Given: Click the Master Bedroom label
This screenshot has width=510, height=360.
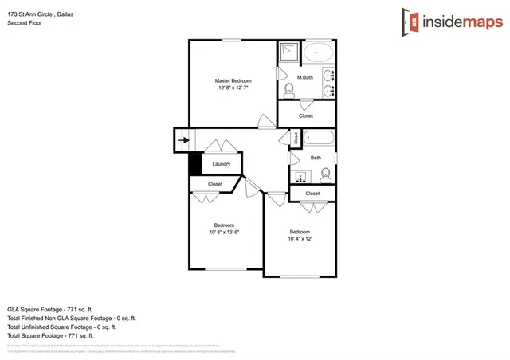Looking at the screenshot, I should tap(233, 81).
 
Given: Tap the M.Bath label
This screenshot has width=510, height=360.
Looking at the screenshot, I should tap(304, 77).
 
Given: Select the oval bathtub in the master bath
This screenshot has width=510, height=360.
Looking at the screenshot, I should tap(320, 54).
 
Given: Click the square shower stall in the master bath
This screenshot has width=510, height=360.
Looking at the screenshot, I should tap(287, 53).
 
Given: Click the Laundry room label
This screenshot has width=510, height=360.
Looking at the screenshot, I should tap(221, 164).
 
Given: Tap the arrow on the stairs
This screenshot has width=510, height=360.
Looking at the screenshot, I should tap(184, 141).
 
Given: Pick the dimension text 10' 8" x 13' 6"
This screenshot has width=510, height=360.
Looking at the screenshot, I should tap(224, 233).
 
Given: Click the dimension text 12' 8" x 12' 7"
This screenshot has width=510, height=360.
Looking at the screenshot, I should tap(233, 88).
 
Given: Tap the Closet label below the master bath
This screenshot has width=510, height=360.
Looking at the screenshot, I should tap(306, 115).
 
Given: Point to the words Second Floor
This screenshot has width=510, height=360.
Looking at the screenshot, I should tap(25, 23).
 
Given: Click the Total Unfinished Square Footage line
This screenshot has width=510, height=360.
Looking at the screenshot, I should tap(62, 326).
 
